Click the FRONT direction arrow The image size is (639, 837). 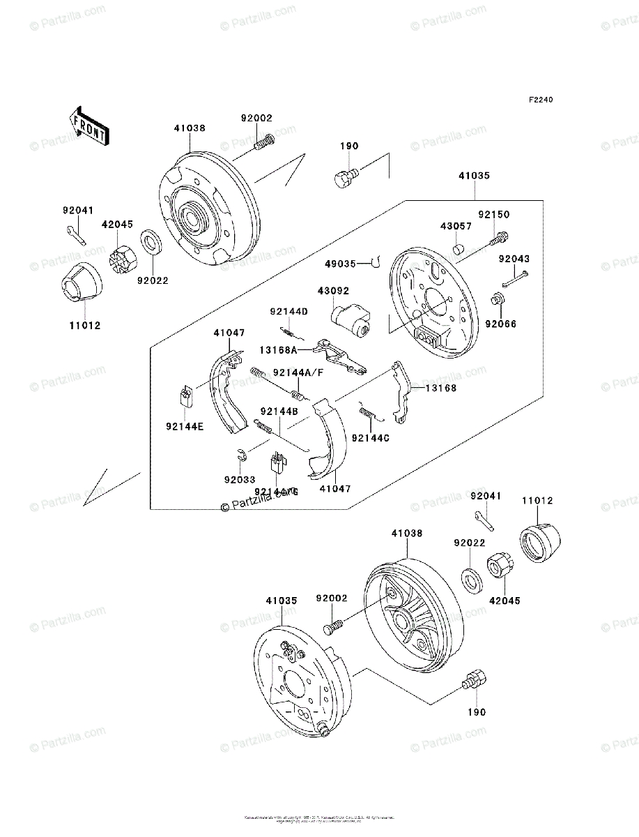88,126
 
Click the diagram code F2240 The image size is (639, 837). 540,100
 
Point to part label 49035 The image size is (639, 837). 340,264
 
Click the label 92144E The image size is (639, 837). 185,427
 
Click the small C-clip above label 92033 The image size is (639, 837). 240,456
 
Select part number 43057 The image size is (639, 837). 455,227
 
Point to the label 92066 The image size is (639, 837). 500,324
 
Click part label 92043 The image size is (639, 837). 514,259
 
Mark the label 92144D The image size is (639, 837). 289,311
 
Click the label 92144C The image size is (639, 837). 371,437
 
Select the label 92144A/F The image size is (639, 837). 298,373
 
